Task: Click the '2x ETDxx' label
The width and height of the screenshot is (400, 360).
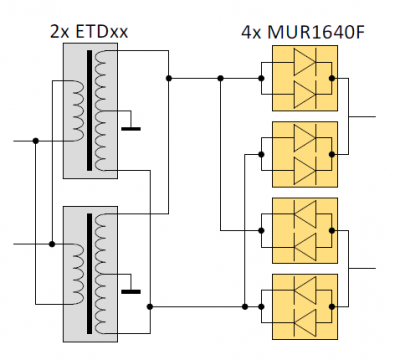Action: pyautogui.click(x=89, y=32)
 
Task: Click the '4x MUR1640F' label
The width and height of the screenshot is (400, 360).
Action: pyautogui.click(x=303, y=32)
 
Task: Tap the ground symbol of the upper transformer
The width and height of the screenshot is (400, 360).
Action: pyautogui.click(x=131, y=128)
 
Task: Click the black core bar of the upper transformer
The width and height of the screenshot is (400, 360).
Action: pyautogui.click(x=89, y=110)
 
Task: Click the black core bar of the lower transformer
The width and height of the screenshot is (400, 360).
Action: pyautogui.click(x=89, y=274)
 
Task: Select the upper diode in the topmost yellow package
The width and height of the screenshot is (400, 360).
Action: pyautogui.click(x=304, y=62)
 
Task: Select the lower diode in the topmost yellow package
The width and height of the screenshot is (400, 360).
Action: pyautogui.click(x=304, y=95)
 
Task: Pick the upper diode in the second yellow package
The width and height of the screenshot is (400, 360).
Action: pyautogui.click(x=304, y=138)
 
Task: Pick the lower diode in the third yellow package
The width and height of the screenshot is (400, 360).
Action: pyautogui.click(x=304, y=247)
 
